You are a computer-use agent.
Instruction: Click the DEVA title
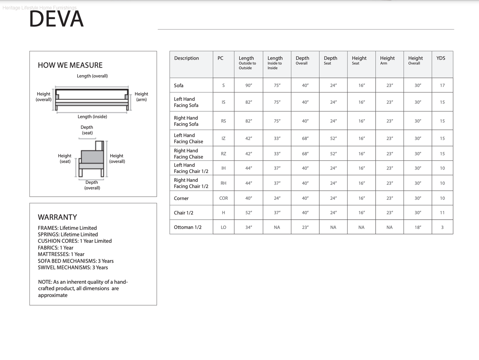tap(56, 19)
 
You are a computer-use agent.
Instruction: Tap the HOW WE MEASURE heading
tap(70, 65)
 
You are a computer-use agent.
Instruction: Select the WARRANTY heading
tap(57, 217)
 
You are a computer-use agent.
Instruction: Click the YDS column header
tap(441, 58)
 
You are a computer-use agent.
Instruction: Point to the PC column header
tap(220, 58)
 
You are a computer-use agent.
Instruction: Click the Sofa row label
tap(179, 85)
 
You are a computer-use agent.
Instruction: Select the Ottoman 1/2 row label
tap(188, 227)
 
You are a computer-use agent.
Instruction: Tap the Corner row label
tap(181, 198)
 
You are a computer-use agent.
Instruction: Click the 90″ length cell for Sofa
tap(249, 85)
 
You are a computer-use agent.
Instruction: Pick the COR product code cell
tap(223, 198)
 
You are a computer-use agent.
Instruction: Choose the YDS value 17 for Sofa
tap(442, 85)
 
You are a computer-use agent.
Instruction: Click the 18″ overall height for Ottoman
tap(418, 228)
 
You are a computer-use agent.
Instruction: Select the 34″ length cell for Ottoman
tap(249, 228)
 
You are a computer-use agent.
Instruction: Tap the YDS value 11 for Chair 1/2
tap(442, 213)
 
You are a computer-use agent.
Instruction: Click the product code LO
tap(223, 228)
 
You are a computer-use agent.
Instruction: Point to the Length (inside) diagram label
tap(92, 117)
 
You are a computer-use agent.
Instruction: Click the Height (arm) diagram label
tap(141, 97)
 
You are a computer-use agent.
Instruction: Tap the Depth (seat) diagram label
tap(87, 130)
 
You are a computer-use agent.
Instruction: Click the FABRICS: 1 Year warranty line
tap(56, 248)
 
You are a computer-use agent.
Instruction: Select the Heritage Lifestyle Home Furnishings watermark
tap(39, 8)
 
